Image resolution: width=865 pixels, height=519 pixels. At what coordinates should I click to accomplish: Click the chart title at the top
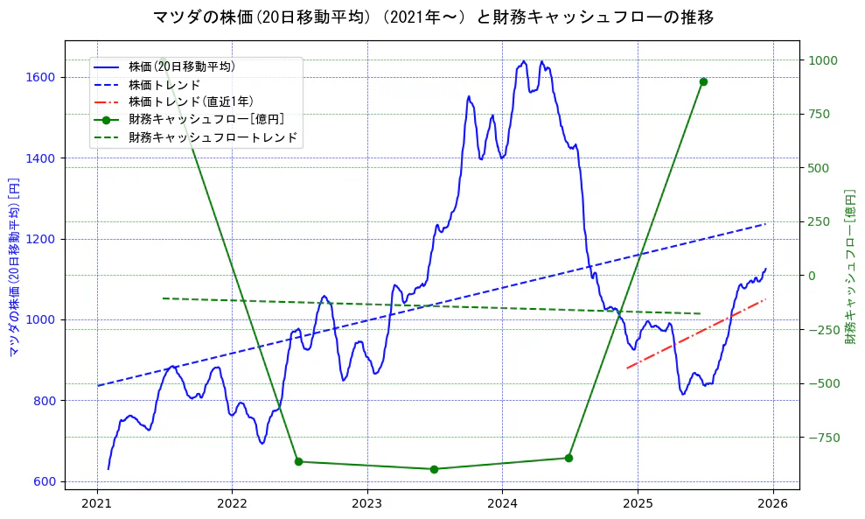(433, 17)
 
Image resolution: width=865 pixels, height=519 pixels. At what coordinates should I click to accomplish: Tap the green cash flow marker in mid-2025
(703, 81)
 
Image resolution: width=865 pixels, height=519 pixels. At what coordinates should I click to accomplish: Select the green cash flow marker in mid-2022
(298, 461)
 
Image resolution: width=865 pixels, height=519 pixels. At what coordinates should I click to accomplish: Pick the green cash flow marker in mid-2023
(434, 469)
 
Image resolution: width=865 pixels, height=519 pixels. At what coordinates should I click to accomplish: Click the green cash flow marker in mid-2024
(569, 458)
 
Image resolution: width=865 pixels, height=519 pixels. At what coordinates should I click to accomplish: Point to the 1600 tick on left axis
(45, 77)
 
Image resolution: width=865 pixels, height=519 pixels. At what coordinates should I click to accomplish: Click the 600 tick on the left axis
(47, 481)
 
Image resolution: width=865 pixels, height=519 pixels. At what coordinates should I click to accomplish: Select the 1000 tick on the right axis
(823, 60)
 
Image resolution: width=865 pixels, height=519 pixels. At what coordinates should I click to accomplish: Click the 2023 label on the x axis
(367, 505)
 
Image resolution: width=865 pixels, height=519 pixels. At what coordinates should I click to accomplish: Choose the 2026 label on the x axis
(772, 505)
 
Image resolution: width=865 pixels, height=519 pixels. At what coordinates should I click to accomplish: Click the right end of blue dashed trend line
(765, 224)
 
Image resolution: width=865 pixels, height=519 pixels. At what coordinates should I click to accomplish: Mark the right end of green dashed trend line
(701, 313)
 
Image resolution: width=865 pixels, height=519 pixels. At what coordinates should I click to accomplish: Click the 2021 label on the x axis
(97, 505)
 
